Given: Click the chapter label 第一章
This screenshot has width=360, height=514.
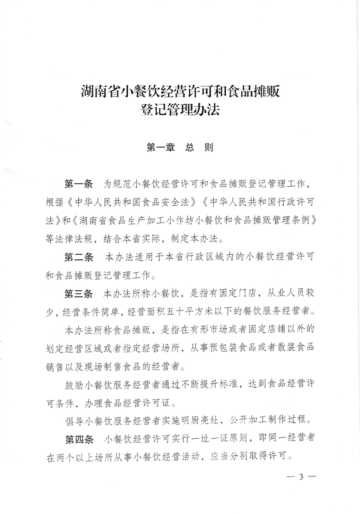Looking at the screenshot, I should (158, 147).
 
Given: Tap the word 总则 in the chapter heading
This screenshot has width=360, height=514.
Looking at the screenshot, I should (197, 147).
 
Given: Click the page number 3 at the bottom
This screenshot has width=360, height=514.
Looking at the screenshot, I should (300, 476).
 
